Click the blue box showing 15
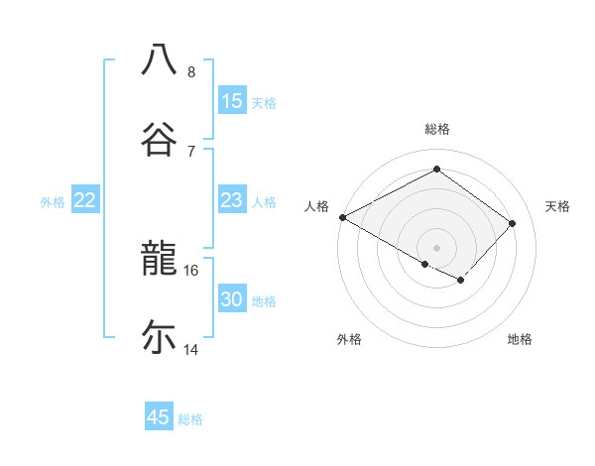(x=231, y=101)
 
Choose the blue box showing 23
(x=231, y=200)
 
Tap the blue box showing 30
(x=231, y=299)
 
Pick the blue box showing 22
(x=85, y=200)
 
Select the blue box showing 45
(x=159, y=417)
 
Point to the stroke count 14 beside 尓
(x=191, y=349)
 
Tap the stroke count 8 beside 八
(x=191, y=71)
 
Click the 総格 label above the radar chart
(x=436, y=129)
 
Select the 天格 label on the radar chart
(x=557, y=206)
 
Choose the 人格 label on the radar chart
(x=316, y=206)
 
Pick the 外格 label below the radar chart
(x=349, y=339)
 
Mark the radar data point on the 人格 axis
(x=342, y=216)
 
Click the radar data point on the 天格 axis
(x=513, y=223)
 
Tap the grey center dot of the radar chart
(x=436, y=247)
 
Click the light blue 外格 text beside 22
(x=53, y=201)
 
